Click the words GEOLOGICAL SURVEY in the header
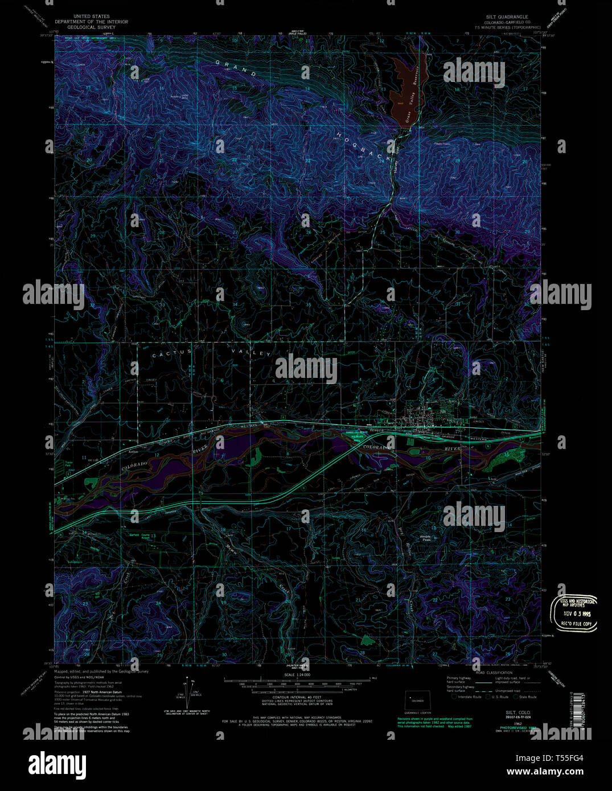(x=92, y=27)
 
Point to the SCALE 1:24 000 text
(x=293, y=675)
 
